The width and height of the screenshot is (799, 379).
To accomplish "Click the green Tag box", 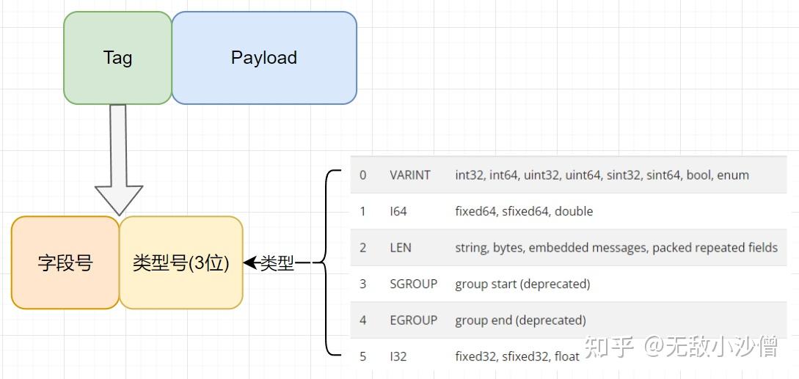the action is click(117, 58).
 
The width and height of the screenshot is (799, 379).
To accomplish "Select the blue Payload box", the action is click(264, 58).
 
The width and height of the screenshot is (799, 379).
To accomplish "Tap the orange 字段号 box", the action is click(65, 263).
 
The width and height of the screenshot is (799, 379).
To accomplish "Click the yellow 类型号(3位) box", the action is click(181, 263).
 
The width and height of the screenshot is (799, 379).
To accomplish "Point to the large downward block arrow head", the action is click(119, 199).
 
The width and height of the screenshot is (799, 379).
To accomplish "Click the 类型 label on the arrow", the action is click(277, 263).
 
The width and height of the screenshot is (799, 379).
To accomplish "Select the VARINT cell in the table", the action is click(409, 175).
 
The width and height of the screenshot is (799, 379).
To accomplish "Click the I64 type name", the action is click(398, 211).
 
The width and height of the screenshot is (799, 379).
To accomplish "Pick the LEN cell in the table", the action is click(400, 248).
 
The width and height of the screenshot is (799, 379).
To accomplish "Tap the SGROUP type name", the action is click(413, 284).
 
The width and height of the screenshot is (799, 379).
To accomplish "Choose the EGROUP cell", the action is click(413, 320).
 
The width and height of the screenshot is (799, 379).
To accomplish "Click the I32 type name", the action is click(398, 356).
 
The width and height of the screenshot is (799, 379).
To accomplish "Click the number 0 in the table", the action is click(362, 175).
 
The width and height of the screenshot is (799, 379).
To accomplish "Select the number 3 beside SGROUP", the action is click(362, 284).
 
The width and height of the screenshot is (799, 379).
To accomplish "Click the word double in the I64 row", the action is click(574, 211).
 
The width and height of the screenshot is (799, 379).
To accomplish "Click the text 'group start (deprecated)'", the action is click(523, 284).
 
